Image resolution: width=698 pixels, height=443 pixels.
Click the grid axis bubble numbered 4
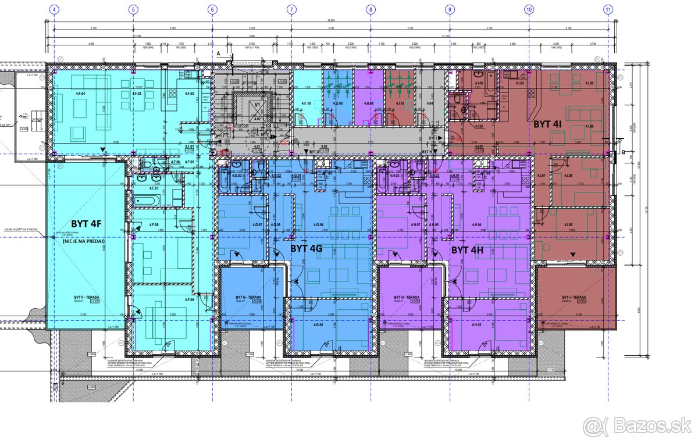[54, 9]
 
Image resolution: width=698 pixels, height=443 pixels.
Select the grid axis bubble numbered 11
[608, 9]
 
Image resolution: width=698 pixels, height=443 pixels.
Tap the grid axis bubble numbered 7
[291, 9]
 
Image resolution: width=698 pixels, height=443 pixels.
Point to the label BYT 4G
[306, 248]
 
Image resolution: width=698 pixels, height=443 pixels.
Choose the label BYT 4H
[468, 251]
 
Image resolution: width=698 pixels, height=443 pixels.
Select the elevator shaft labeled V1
[256, 105]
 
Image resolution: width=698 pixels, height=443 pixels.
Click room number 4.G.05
[318, 324]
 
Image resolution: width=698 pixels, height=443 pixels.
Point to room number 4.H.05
[476, 324]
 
